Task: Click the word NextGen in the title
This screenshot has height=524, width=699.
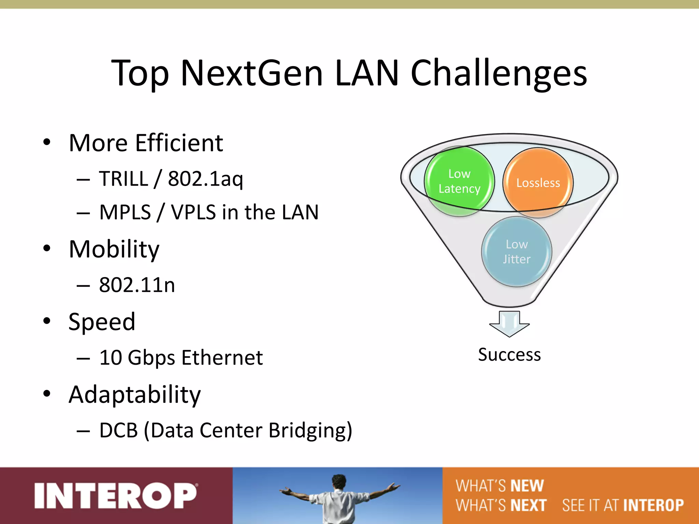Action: [x=252, y=73]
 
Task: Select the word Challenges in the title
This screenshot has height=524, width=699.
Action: [x=499, y=73]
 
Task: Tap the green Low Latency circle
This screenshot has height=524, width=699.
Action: [x=459, y=181]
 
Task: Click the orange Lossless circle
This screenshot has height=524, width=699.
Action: [x=538, y=183]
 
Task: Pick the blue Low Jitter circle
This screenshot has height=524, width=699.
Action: [x=516, y=252]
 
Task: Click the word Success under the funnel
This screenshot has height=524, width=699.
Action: [x=509, y=355]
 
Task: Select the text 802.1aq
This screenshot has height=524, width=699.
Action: [x=205, y=179]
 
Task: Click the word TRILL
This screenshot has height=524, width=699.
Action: [x=124, y=179]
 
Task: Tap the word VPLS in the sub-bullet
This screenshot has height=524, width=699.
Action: [x=193, y=213]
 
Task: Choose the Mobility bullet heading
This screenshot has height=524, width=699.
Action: [x=114, y=249]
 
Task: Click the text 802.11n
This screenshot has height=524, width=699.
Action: [x=137, y=285]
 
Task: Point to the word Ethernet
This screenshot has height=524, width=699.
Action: [x=222, y=358]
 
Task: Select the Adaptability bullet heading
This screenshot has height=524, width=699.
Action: [x=134, y=395]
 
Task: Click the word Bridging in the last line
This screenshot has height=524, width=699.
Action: [x=310, y=431]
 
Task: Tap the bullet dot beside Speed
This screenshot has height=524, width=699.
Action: [x=47, y=321]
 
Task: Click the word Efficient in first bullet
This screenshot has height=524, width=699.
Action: [x=179, y=143]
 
